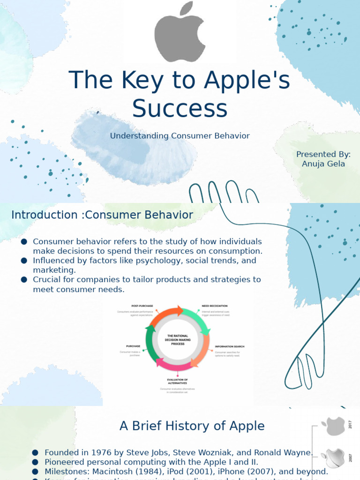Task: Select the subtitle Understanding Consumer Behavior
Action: tap(180, 136)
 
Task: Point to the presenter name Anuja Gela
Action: tap(323, 164)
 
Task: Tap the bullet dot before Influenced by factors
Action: tap(24, 261)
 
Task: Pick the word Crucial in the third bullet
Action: tap(46, 280)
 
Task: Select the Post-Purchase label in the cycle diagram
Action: tap(142, 306)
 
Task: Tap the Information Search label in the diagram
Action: tap(229, 347)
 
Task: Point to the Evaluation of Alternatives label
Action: tap(177, 381)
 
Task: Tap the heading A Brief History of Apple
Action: tap(192, 426)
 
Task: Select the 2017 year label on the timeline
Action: tap(349, 426)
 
